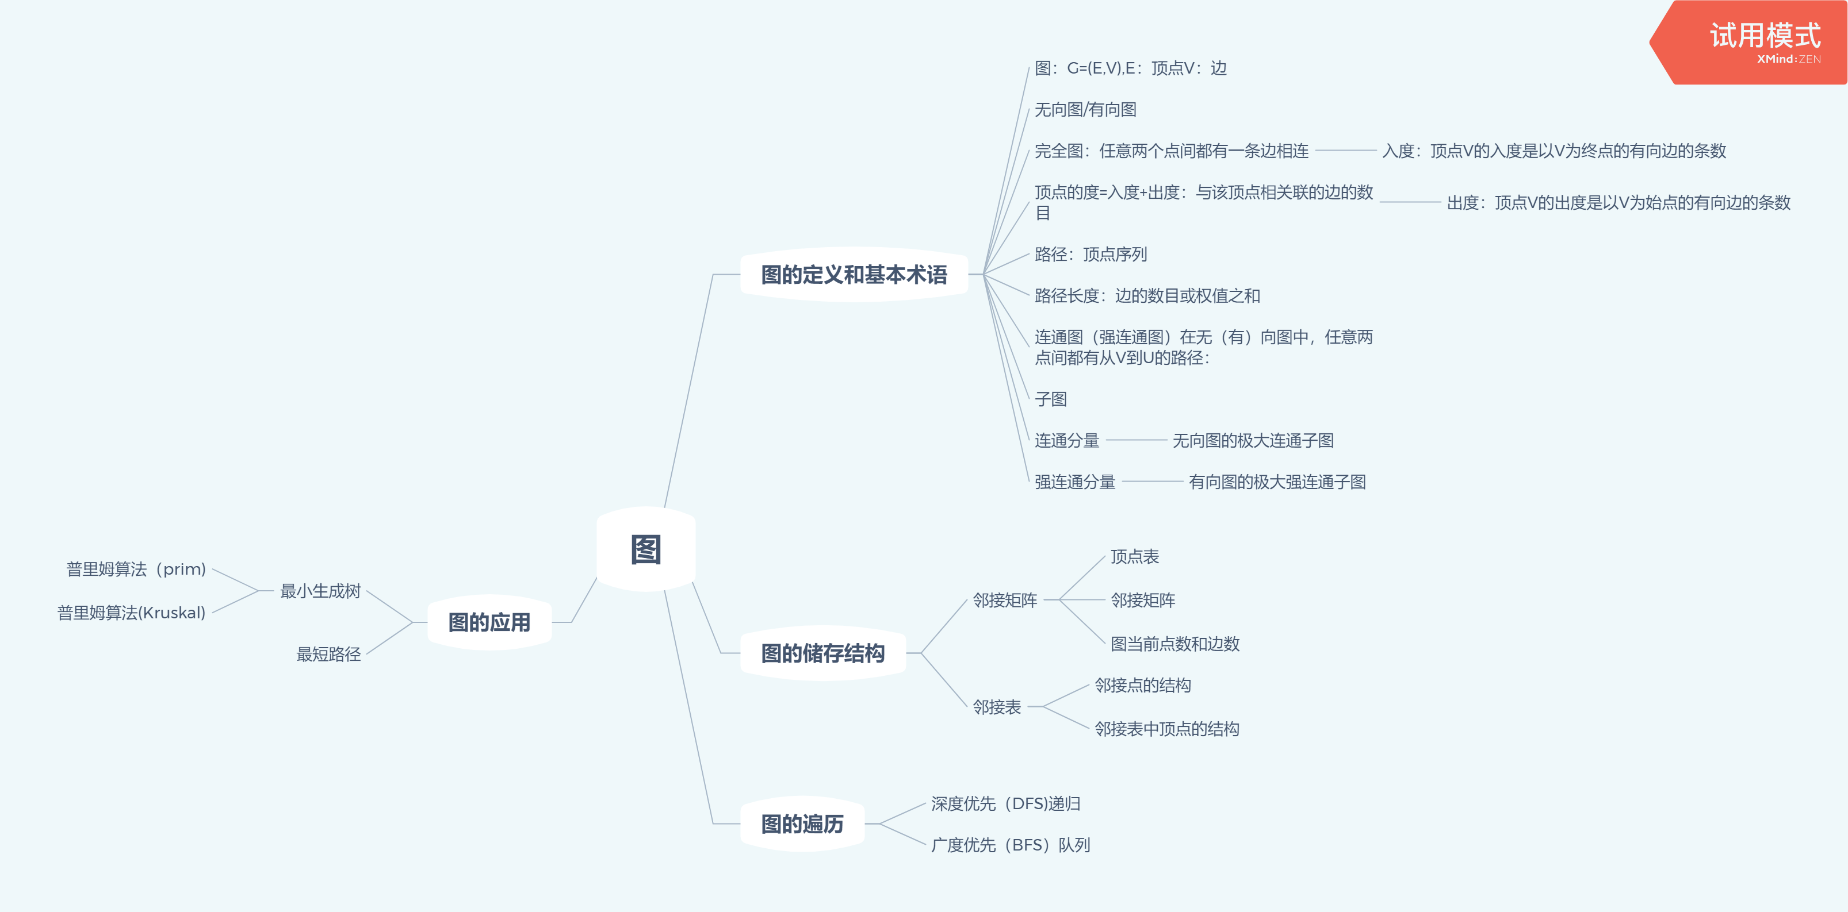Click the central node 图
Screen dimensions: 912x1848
(x=646, y=550)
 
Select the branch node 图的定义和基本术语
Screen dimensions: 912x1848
(x=854, y=275)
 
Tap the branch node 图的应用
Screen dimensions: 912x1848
(x=489, y=622)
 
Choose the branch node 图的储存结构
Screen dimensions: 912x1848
(x=823, y=653)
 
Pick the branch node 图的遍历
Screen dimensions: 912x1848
(x=802, y=824)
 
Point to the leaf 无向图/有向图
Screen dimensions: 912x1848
(x=1085, y=110)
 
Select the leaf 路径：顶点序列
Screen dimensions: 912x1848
(x=1091, y=255)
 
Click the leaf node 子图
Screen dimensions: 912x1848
(x=1050, y=399)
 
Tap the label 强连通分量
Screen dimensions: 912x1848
(x=1074, y=482)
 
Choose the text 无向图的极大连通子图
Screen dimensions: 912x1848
(x=1253, y=440)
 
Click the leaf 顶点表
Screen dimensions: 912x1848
(x=1134, y=556)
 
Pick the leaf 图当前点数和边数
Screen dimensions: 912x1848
(x=1174, y=644)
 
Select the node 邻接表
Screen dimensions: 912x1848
(x=996, y=707)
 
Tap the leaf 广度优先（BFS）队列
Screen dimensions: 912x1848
(x=1010, y=845)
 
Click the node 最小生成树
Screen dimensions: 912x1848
(x=320, y=591)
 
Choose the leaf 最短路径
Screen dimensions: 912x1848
(x=328, y=654)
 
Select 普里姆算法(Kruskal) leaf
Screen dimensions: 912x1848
(x=131, y=613)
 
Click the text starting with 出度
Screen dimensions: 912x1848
(x=1619, y=203)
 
